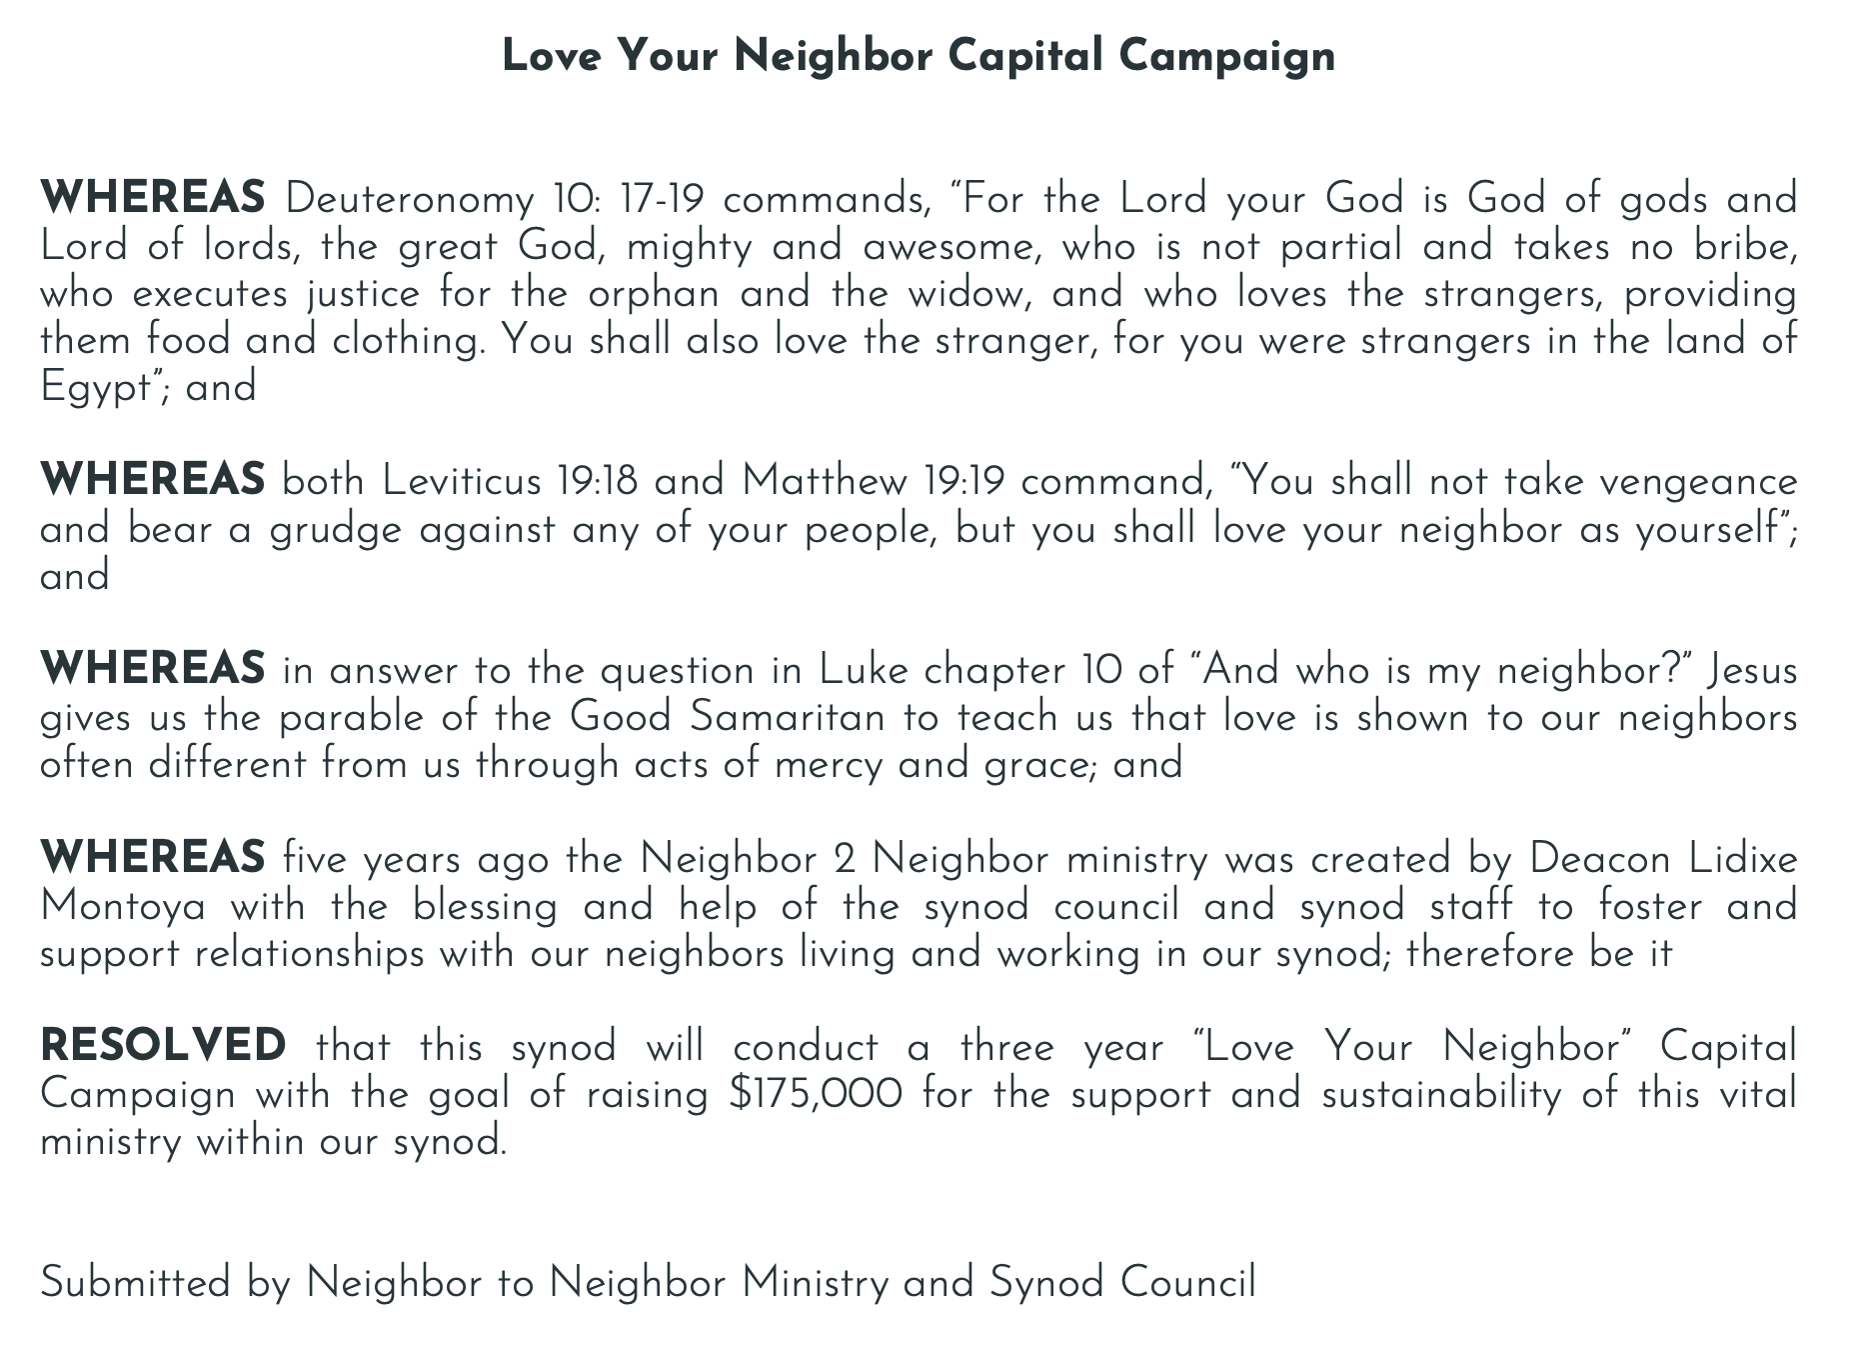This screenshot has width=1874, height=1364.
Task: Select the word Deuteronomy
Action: click(x=410, y=200)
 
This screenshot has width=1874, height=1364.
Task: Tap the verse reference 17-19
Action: click(x=661, y=200)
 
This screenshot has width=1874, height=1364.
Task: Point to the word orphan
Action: click(x=654, y=294)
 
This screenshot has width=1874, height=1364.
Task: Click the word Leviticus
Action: click(x=461, y=482)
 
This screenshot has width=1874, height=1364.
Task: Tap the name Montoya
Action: click(x=123, y=907)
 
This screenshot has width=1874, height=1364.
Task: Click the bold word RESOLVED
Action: click(x=163, y=1047)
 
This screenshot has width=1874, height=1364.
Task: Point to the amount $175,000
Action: click(x=816, y=1095)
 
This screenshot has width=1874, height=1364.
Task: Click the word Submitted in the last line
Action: click(x=135, y=1284)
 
